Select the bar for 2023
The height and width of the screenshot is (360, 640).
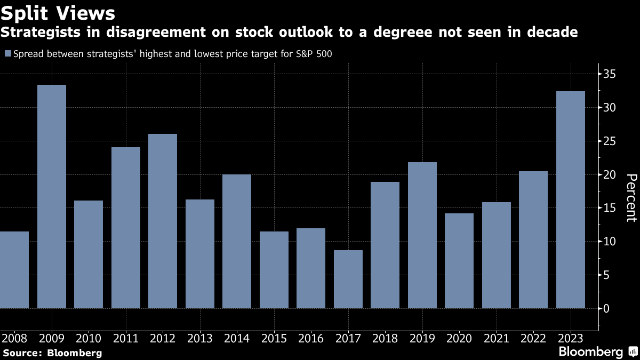pyautogui.click(x=571, y=199)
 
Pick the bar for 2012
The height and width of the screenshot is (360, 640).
pyautogui.click(x=163, y=221)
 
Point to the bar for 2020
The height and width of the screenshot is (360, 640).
pyautogui.click(x=459, y=261)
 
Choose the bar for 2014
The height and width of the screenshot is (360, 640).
pyautogui.click(x=237, y=241)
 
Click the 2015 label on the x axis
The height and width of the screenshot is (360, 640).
pyautogui.click(x=274, y=338)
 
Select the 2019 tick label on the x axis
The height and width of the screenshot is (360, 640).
pyautogui.click(x=422, y=338)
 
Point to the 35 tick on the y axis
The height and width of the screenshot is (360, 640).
pyautogui.click(x=610, y=74)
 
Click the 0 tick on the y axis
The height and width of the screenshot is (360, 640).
pyautogui.click(x=606, y=309)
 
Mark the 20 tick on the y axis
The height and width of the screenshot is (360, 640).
pyautogui.click(x=610, y=175)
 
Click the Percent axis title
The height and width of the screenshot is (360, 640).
pyautogui.click(x=630, y=197)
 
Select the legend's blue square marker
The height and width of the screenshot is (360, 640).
pyautogui.click(x=7, y=53)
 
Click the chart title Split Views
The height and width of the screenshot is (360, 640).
pyautogui.click(x=58, y=12)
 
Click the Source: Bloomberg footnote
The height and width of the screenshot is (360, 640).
pyautogui.click(x=52, y=353)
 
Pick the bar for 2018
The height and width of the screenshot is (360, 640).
pyautogui.click(x=385, y=245)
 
